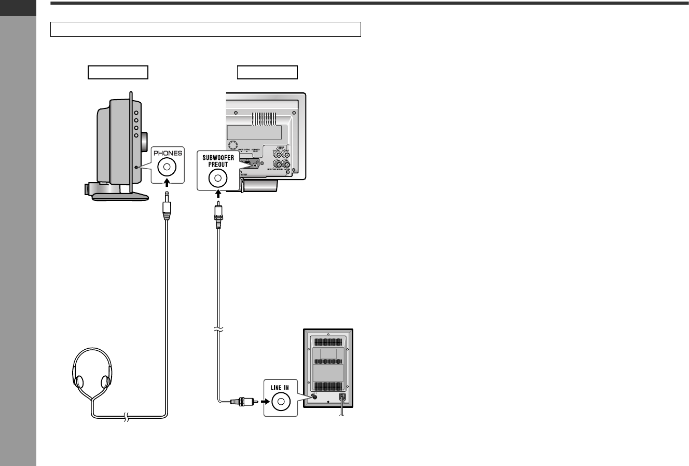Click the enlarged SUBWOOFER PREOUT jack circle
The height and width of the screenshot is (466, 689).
click(218, 179)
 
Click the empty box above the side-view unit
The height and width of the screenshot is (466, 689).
click(118, 72)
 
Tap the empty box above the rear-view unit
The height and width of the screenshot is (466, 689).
click(267, 72)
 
